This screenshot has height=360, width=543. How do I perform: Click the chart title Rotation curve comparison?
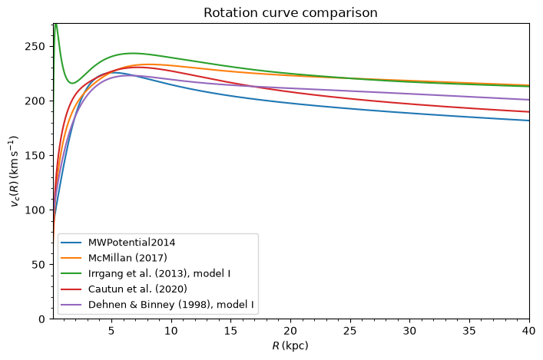(x=290, y=13)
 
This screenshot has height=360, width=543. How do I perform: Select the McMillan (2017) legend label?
(x=127, y=258)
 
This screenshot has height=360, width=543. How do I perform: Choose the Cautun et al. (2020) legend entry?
(x=137, y=289)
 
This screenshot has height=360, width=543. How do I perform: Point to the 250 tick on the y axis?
(x=35, y=46)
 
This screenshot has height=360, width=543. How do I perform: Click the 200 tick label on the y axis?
(x=35, y=101)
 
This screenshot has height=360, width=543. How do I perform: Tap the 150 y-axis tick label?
(x=35, y=155)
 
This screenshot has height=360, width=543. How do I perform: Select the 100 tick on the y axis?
(x=35, y=210)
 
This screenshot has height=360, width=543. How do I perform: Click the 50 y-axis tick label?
(x=38, y=265)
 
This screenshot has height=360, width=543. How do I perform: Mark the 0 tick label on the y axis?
(x=41, y=319)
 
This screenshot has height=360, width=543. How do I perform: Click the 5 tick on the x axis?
(x=111, y=331)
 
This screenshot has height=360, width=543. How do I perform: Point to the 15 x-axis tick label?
(x=230, y=331)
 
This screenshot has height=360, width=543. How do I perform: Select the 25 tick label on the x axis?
(x=349, y=331)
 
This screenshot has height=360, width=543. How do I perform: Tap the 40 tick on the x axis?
(x=529, y=331)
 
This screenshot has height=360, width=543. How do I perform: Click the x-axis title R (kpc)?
(x=290, y=345)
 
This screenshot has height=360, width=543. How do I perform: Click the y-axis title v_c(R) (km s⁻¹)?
(x=14, y=171)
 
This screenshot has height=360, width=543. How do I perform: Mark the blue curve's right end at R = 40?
(x=529, y=121)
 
